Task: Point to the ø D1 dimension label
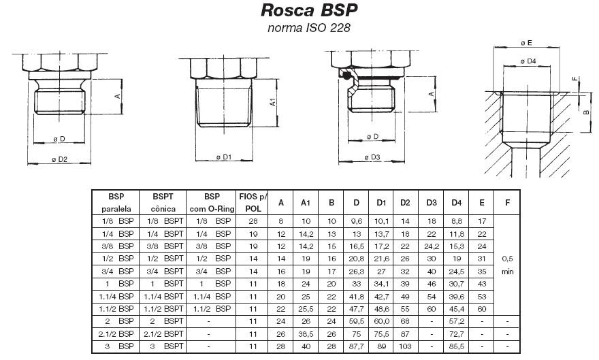pyautogui.click(x=224, y=157)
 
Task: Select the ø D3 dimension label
pyautogui.click(x=372, y=157)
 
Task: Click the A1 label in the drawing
pyautogui.click(x=272, y=103)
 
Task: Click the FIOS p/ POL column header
pyautogui.click(x=253, y=202)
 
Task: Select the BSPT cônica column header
pyautogui.click(x=164, y=202)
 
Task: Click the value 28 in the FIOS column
pyautogui.click(x=253, y=221)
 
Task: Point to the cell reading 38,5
pyautogui.click(x=306, y=335)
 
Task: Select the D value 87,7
pyautogui.click(x=356, y=346)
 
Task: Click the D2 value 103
pyautogui.click(x=406, y=346)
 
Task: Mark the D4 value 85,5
pyautogui.click(x=456, y=346)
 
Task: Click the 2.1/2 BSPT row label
pyautogui.click(x=164, y=335)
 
